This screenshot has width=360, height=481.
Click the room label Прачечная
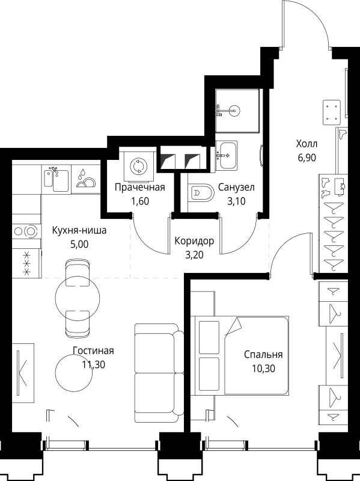(139, 188)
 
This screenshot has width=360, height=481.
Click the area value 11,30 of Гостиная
(93, 364)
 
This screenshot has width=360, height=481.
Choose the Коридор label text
(194, 241)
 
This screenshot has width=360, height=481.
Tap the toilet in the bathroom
(201, 193)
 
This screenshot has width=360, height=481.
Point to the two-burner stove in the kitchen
(25, 230)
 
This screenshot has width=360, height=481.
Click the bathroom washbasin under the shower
(228, 155)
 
